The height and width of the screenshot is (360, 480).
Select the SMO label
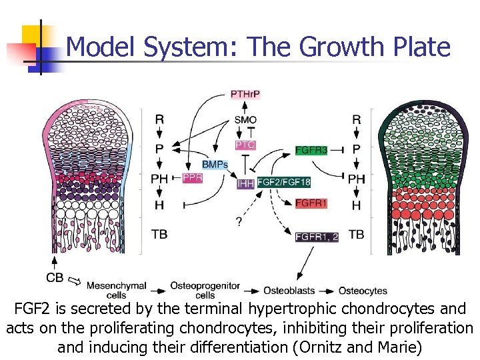click(x=245, y=120)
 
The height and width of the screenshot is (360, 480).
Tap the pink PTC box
click(x=245, y=145)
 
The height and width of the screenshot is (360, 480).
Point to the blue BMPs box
click(x=215, y=164)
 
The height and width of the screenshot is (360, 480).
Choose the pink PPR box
click(x=193, y=179)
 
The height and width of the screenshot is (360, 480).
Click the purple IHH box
click(x=245, y=181)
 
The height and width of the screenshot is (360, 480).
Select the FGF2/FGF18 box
click(x=283, y=181)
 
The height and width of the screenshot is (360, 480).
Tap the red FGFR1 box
click(x=311, y=203)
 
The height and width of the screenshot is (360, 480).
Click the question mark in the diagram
click(x=239, y=221)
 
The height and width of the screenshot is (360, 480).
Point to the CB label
click(x=56, y=277)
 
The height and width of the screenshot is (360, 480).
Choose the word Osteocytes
click(x=363, y=291)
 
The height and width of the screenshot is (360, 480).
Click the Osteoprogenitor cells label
click(x=205, y=290)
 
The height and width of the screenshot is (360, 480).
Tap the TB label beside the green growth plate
click(x=357, y=235)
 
